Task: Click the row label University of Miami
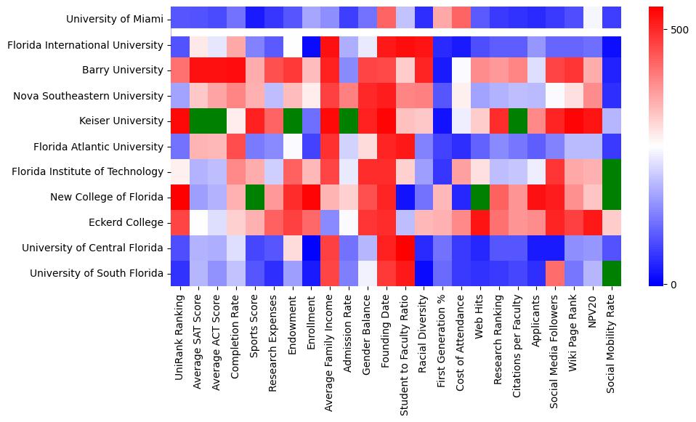click(x=115, y=20)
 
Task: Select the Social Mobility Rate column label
click(x=612, y=342)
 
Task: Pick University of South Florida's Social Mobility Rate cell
click(x=612, y=273)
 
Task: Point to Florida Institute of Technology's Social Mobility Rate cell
click(x=612, y=171)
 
